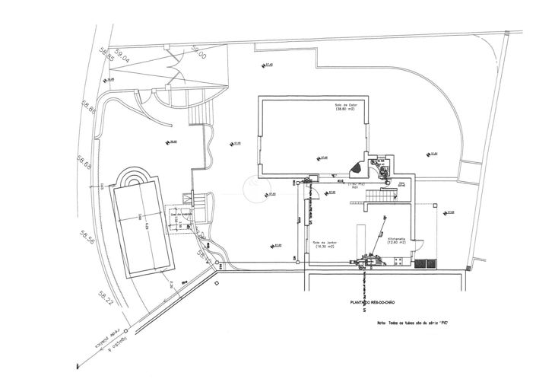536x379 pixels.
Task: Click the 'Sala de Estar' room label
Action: [x=346, y=107]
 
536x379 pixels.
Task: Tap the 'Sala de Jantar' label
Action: [x=325, y=245]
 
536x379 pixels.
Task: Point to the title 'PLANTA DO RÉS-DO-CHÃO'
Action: [x=370, y=303]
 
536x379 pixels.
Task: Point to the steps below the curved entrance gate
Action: [x=200, y=113]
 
